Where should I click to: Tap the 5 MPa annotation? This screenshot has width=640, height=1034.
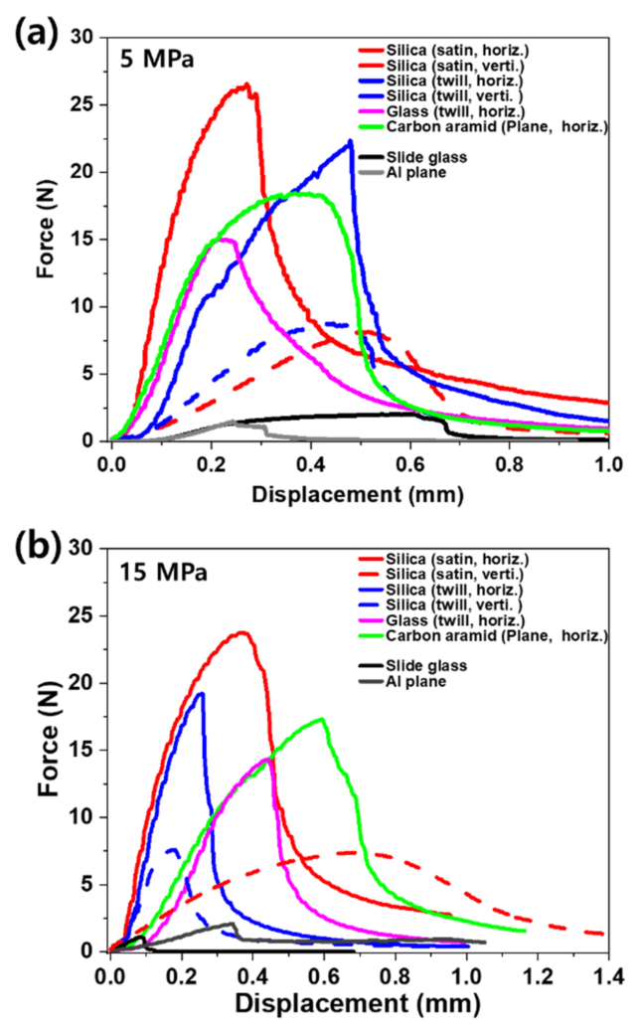tap(158, 60)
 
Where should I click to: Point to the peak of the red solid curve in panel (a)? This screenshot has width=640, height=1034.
tap(246, 85)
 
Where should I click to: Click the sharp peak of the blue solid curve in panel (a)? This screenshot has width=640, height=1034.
tap(351, 141)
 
